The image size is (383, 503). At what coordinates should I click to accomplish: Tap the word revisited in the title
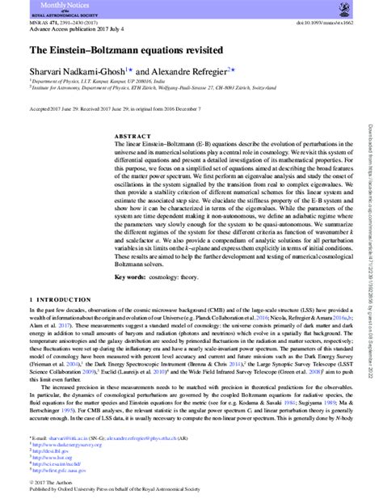[167, 49]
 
